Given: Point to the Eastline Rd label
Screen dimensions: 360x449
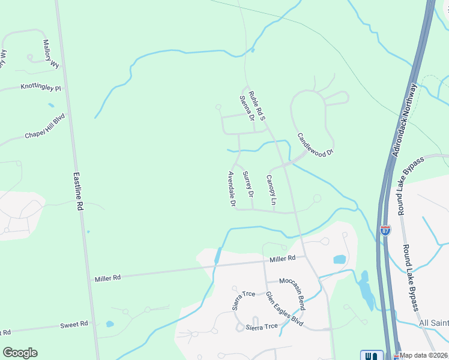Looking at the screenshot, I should [x=78, y=191].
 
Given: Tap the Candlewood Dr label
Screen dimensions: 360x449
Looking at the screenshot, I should [x=315, y=145].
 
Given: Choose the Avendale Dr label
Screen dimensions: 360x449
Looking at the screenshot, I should [x=231, y=189].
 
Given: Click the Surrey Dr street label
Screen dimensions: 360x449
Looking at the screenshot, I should [x=248, y=185].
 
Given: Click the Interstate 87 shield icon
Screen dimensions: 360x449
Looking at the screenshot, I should [x=385, y=230].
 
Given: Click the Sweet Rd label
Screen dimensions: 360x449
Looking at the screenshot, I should [x=74, y=324].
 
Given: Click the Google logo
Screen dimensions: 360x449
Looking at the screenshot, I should [x=20, y=353].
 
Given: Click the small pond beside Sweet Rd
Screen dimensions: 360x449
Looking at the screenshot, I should [x=110, y=324].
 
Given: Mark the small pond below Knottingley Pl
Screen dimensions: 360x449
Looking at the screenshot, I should [x=50, y=105].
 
